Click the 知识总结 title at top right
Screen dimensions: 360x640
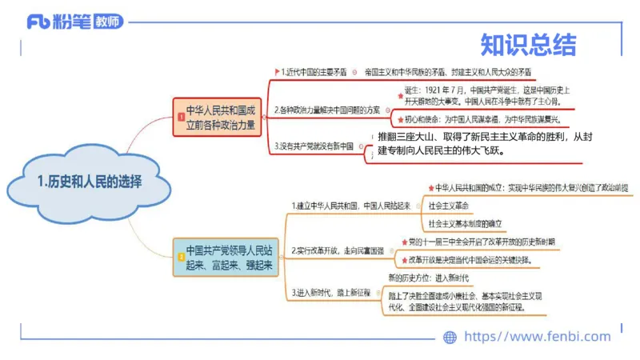527,42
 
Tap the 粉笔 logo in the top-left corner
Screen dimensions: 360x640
75,22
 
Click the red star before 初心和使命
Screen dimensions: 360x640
399,119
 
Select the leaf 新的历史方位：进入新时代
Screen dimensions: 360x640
428,278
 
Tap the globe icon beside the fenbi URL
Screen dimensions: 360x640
450,337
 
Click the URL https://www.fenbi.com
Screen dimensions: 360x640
537,337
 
